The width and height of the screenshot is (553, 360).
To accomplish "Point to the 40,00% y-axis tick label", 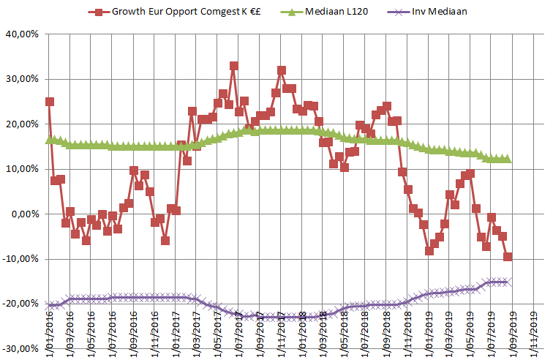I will [x=21, y=34].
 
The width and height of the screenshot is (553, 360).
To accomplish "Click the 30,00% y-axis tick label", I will [x=21, y=79].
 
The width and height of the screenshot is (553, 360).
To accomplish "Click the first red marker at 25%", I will [x=49, y=102].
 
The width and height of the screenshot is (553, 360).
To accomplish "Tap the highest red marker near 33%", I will [x=234, y=66].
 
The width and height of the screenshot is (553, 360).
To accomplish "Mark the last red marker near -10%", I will [x=508, y=257].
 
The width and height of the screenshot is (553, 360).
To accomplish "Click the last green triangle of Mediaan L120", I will [x=508, y=159].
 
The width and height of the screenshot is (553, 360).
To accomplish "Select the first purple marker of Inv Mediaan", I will [x=49, y=305].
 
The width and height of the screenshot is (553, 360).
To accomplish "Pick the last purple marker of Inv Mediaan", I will [x=508, y=281].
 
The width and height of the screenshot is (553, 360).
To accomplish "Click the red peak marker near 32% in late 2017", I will [x=282, y=71].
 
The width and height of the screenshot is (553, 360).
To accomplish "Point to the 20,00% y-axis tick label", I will [x=21, y=124].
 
